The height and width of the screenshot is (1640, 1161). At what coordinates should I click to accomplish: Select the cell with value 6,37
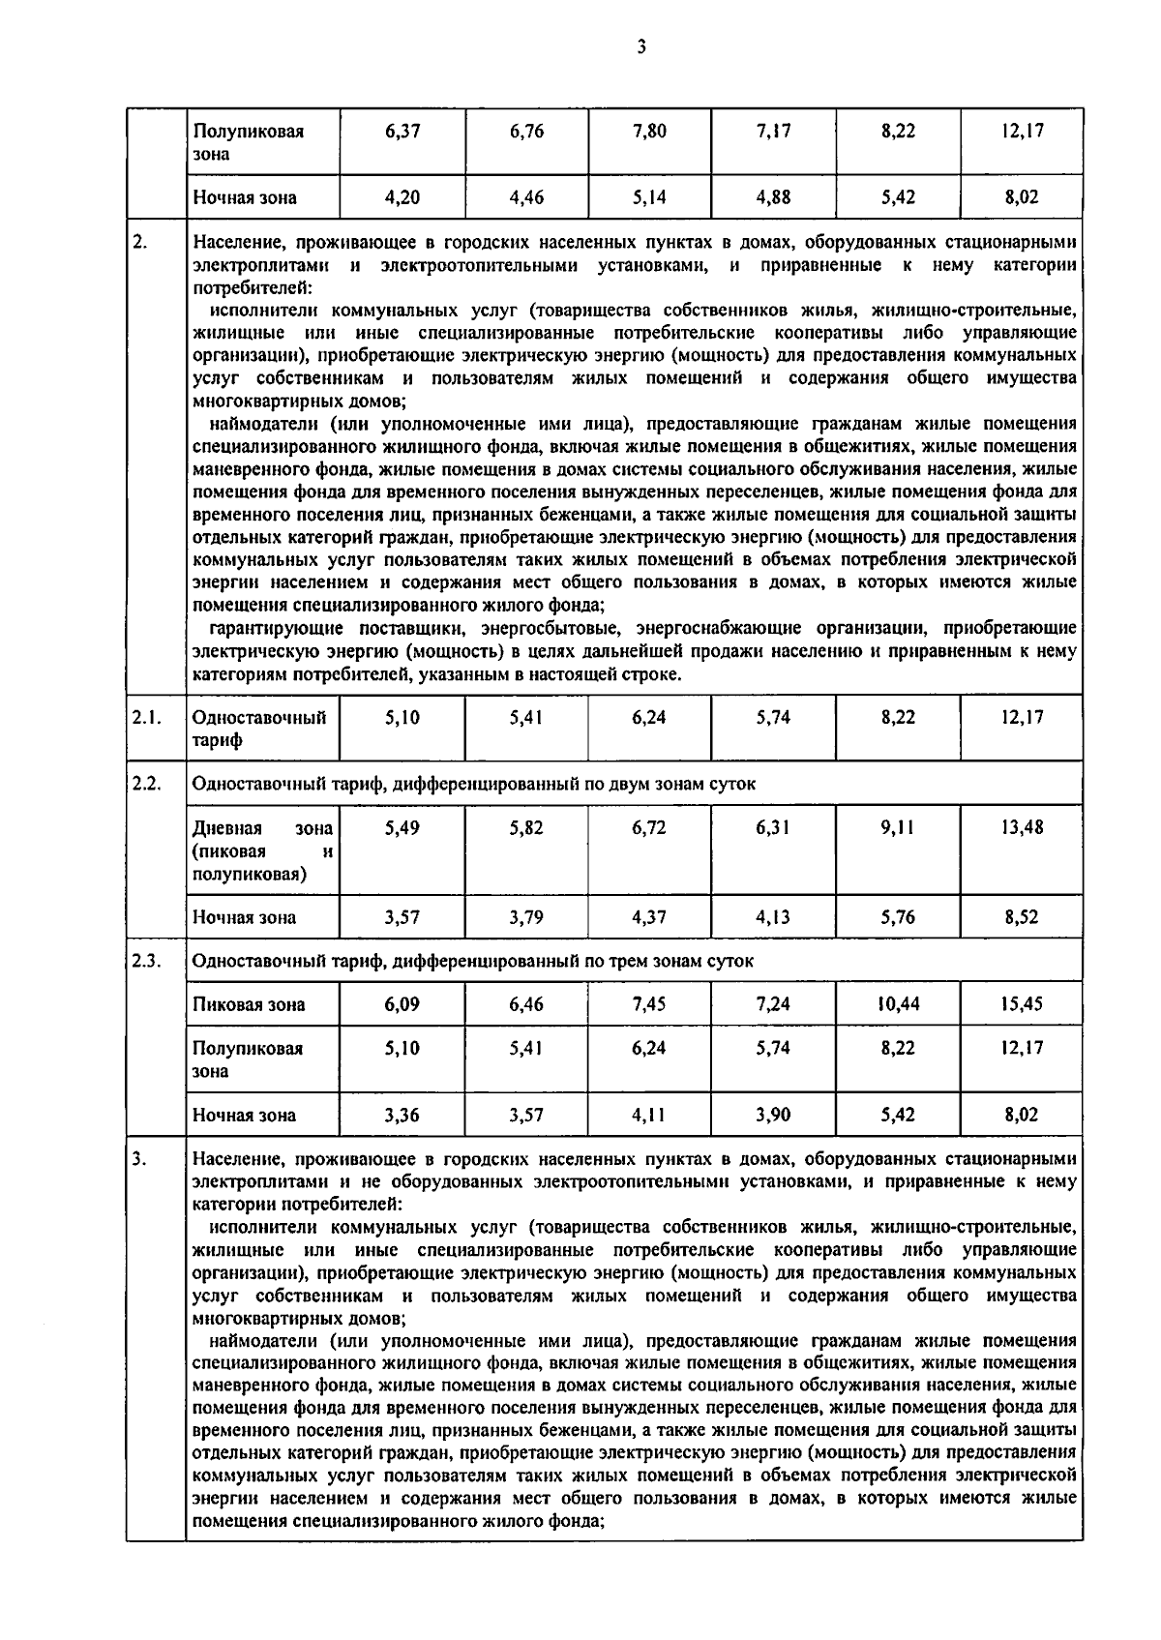(402, 131)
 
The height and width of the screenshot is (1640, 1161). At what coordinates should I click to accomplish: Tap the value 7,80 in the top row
(649, 131)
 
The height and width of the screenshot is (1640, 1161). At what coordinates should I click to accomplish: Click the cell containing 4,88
(773, 197)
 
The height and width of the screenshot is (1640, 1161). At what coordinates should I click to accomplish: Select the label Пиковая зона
(249, 1004)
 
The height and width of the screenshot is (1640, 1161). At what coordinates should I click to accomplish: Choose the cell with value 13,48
(1022, 827)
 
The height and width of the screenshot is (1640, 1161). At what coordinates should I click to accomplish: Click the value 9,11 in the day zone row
(898, 827)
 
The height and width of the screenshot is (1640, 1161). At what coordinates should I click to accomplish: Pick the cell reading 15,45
(1022, 1004)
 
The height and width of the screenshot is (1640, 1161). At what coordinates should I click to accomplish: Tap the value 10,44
(898, 1004)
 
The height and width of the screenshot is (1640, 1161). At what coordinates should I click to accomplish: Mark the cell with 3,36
(402, 1115)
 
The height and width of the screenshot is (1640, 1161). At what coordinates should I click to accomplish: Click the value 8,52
(1022, 917)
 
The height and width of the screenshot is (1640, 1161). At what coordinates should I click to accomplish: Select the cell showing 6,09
(402, 1004)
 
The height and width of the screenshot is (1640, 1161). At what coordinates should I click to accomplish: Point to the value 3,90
(773, 1115)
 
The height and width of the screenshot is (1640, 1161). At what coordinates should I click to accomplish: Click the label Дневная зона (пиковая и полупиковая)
(262, 850)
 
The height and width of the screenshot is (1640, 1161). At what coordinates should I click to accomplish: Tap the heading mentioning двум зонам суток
(473, 784)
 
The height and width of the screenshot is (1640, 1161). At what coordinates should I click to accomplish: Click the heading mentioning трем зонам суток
(472, 961)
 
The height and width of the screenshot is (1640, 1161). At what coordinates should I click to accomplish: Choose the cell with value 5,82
(526, 827)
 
